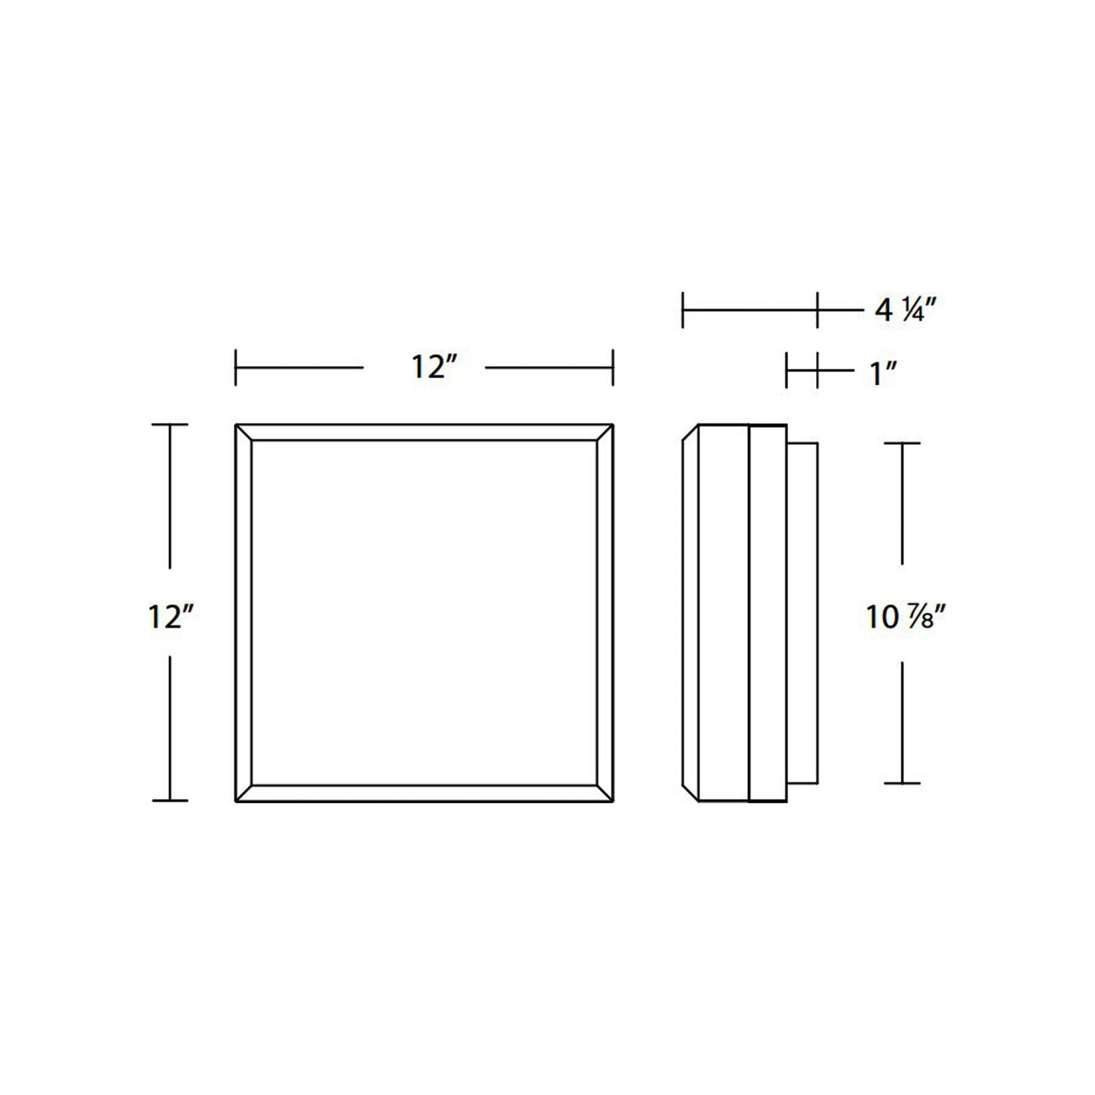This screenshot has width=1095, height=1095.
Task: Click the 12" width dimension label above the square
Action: point(433,368)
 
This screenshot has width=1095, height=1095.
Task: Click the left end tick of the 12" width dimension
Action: point(236,368)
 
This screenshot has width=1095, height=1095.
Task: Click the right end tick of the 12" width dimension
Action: point(612,368)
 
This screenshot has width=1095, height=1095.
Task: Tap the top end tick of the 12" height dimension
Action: point(169,425)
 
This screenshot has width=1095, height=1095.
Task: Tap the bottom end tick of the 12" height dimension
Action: point(169,800)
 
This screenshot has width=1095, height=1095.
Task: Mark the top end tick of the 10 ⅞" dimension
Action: point(902,443)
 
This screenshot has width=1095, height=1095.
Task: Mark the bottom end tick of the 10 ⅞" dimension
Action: point(902,783)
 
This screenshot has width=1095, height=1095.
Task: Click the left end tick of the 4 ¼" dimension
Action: point(683,310)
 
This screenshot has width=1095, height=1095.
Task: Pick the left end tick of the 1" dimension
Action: point(787,371)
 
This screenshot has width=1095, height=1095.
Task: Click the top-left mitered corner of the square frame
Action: point(243,432)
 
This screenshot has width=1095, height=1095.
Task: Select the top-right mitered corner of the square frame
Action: point(605,432)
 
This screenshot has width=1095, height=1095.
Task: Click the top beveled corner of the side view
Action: point(690,432)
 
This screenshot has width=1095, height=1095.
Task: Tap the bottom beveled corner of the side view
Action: point(690,793)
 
